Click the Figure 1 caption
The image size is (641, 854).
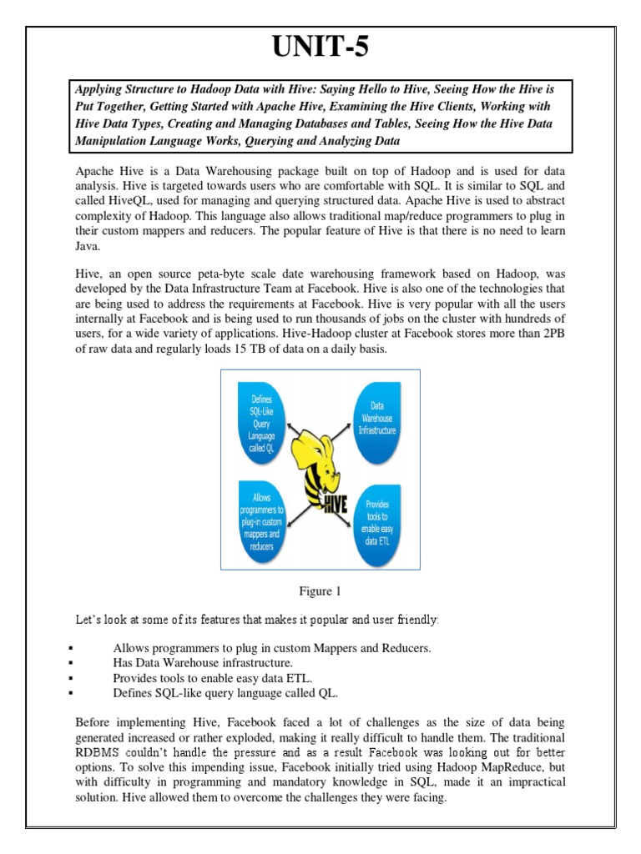click(320, 591)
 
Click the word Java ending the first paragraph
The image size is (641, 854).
click(87, 248)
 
